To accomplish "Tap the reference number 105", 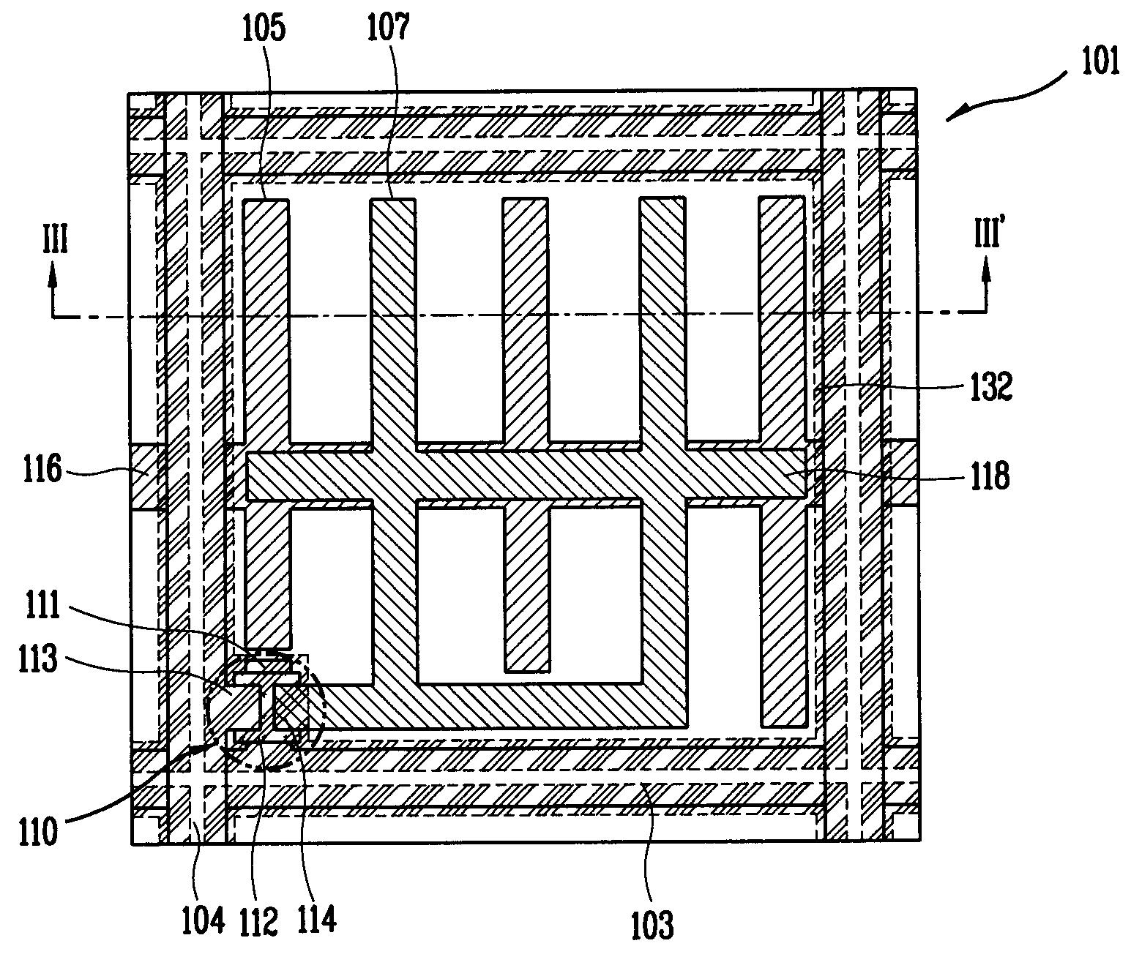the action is tap(264, 28).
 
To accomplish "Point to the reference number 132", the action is tap(990, 386).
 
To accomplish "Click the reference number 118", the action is tap(990, 476).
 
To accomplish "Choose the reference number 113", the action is tap(38, 659).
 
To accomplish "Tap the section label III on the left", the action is tap(55, 241).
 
